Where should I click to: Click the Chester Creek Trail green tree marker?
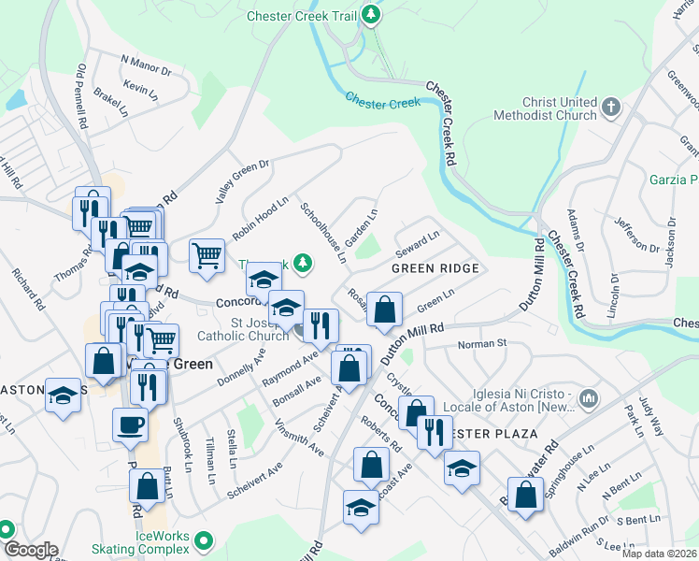pos(372,15)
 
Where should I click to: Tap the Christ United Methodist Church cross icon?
pos(612,105)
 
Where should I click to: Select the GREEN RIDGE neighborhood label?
pos(435,268)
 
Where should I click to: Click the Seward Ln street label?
pos(417,246)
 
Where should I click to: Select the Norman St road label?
pos(481,344)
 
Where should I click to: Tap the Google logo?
pos(30,550)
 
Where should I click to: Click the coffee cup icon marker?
pos(130,424)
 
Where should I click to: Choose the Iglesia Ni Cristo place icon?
pos(588,399)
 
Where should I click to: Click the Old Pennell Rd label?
pos(82,96)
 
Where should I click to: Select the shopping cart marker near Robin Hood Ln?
pos(207,255)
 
